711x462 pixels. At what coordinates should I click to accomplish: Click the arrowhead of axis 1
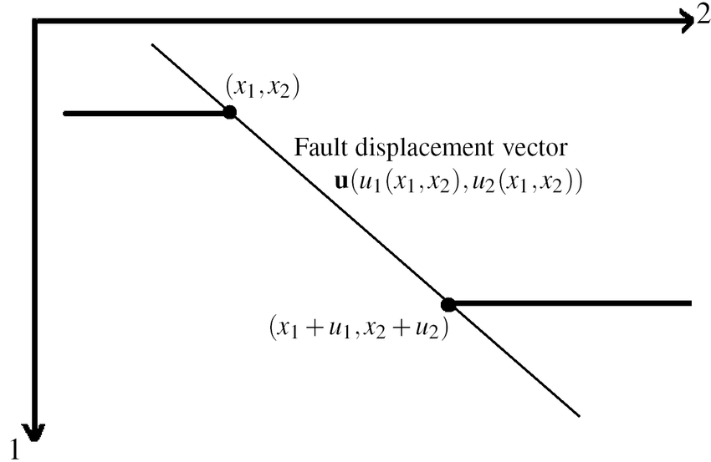tap(35, 431)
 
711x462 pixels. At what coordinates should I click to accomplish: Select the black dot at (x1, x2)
tap(229, 112)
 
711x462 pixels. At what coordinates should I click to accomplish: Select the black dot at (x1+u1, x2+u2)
tap(448, 304)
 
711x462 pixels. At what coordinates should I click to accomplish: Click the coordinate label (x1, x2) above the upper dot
tap(262, 86)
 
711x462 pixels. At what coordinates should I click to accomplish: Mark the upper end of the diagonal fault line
tap(152, 44)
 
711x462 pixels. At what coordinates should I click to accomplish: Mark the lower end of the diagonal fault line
tap(579, 414)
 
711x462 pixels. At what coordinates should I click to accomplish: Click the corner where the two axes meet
tap(35, 23)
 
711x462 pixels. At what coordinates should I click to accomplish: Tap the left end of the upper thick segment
tap(65, 113)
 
